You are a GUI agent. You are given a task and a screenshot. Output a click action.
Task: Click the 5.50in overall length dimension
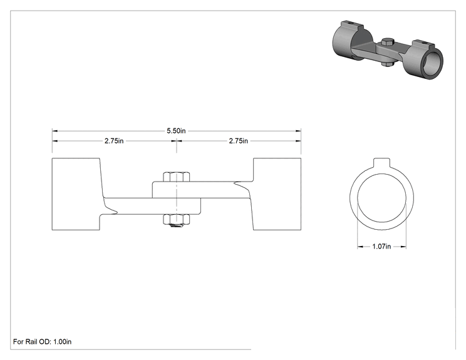(x=176, y=131)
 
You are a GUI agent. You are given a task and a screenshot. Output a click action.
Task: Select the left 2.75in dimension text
(x=114, y=141)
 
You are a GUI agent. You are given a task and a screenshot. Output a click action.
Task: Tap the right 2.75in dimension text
(x=239, y=141)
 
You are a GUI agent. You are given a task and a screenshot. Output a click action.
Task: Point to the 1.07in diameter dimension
(x=381, y=246)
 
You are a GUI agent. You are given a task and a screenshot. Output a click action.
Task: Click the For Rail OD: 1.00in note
(x=42, y=342)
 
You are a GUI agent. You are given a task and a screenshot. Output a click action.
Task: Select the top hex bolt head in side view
(x=177, y=177)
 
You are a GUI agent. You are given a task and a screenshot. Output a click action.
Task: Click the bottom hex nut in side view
(x=177, y=219)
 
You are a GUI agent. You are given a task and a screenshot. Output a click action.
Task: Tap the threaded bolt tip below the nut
(x=177, y=227)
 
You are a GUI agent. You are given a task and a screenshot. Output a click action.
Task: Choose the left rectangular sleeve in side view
(x=76, y=194)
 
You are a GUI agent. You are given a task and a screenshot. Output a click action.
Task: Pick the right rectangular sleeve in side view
(x=277, y=194)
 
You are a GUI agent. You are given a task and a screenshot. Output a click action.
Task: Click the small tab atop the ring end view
(x=381, y=162)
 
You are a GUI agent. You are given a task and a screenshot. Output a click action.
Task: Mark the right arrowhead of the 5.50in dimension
(x=298, y=131)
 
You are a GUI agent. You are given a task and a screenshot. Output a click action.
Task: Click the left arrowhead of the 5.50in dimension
(x=55, y=131)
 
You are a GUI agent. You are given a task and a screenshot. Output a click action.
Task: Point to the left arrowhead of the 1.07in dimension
(x=360, y=246)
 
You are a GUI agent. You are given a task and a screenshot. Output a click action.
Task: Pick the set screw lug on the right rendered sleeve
(x=423, y=44)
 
